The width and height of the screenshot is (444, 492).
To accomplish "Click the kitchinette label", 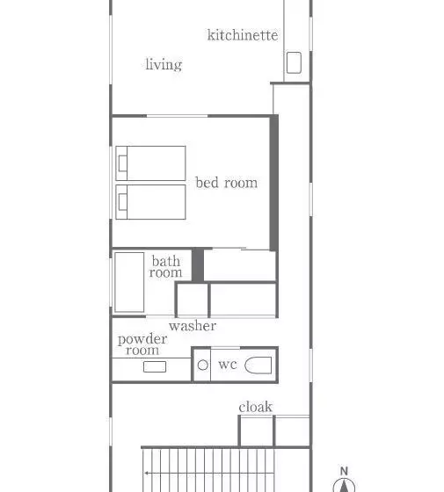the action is [243, 35].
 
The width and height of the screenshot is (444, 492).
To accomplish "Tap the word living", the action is [164, 64].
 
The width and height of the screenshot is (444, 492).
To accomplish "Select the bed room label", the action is [227, 183].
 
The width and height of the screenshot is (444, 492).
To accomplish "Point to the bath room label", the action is [165, 266].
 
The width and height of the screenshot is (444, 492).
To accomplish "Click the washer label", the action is [193, 326].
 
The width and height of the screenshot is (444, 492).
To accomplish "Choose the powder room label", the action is [142, 344].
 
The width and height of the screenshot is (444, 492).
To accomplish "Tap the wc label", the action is [228, 365].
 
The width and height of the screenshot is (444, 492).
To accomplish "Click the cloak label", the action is [255, 407].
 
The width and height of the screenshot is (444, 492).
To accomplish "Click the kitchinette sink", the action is [294, 62].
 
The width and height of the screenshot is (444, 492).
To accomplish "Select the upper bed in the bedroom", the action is [150, 163].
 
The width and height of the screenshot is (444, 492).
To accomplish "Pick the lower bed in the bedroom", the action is [150, 202].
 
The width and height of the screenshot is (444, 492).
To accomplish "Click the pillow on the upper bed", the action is [123, 163].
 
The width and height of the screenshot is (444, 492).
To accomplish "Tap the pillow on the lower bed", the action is [123, 202].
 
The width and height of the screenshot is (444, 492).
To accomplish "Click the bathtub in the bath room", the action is [129, 282].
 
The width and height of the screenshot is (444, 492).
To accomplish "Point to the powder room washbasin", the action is [155, 366].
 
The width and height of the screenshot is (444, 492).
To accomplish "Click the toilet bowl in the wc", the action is [258, 365].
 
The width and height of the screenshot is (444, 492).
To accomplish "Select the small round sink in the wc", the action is [203, 365].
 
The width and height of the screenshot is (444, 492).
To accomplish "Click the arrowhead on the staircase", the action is [147, 473].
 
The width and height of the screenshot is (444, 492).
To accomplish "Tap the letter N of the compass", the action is [344, 471].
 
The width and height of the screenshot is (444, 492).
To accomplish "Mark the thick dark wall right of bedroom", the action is [274, 183].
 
